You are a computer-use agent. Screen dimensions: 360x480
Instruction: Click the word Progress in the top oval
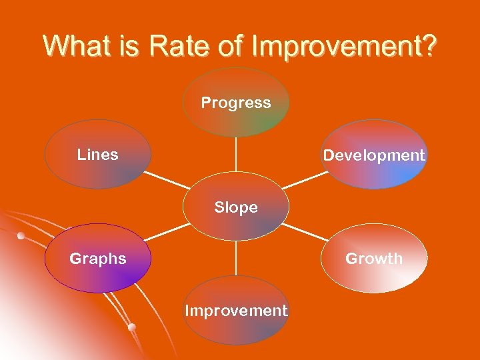point(236,103)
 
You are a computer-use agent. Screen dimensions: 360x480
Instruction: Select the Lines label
point(98,155)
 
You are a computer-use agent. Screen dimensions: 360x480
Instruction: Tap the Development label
point(374,155)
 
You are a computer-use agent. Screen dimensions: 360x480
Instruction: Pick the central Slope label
point(236,207)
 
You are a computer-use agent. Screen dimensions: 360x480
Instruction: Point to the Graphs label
point(98,259)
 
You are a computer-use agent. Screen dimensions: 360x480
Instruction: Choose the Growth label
point(374,259)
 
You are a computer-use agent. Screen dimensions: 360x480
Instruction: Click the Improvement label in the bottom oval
point(236,311)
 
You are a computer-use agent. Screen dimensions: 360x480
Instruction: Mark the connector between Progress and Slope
point(236,155)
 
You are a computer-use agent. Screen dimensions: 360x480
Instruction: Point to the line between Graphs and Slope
point(167,232)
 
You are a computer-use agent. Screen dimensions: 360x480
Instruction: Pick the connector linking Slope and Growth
point(305,232)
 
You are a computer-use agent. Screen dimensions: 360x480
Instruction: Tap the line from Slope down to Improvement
point(236,258)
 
